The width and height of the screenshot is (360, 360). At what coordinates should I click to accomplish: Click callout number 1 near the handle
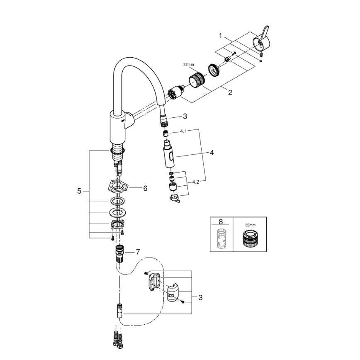(x=221, y=36)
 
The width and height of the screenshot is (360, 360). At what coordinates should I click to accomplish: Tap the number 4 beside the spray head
(x=212, y=153)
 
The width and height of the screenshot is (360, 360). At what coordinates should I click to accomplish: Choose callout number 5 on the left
(x=79, y=191)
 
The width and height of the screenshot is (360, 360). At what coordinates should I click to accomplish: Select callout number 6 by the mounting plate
(x=145, y=188)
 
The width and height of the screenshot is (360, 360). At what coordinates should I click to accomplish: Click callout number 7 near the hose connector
(x=138, y=252)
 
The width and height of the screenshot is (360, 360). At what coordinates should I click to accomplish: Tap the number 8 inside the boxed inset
(x=220, y=223)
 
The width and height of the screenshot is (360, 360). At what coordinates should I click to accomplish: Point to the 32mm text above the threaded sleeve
(x=188, y=65)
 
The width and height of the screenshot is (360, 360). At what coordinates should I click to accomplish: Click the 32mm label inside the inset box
(x=250, y=224)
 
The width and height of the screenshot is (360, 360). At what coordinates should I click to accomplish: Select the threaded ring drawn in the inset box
(x=250, y=238)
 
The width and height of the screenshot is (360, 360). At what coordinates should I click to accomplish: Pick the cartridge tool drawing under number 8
(x=221, y=239)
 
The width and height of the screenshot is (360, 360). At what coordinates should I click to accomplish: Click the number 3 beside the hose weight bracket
(x=200, y=297)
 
